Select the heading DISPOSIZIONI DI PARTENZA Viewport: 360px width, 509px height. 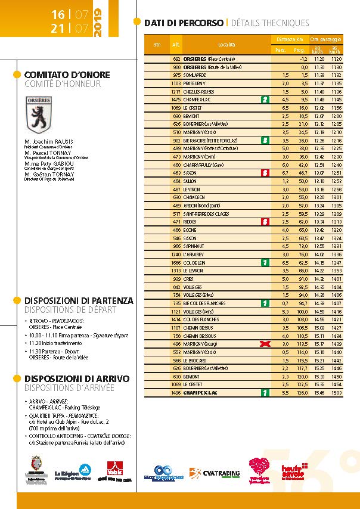(79, 301)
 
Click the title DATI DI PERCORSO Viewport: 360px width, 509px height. (184, 23)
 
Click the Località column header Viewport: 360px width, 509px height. (226, 45)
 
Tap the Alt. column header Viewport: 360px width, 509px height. (176, 45)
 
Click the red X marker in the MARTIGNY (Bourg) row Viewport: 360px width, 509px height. (265, 344)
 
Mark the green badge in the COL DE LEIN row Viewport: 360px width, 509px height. (265, 262)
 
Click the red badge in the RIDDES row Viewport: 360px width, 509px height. (265, 221)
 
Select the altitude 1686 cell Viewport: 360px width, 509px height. (176, 262)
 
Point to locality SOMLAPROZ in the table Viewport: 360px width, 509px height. (197, 75)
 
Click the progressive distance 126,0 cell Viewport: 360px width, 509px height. (302, 393)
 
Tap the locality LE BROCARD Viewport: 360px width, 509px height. (197, 361)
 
